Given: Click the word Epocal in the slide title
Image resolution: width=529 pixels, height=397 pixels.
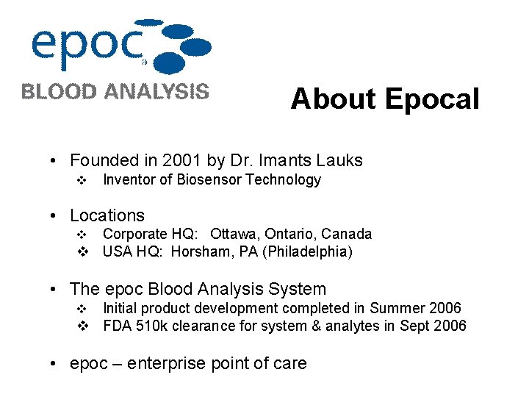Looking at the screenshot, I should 431,99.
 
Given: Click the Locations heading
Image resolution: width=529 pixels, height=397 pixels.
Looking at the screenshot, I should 107,215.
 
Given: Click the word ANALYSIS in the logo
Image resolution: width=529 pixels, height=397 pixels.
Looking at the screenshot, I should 156,92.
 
